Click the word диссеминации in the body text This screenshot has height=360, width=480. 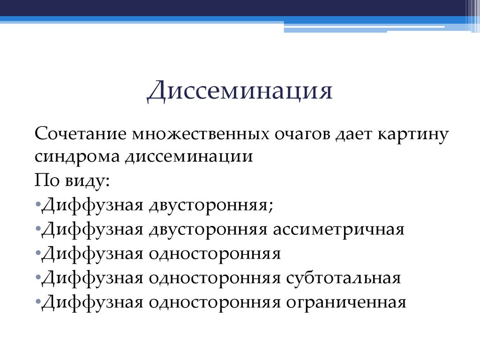[189, 157]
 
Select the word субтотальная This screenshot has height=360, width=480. [344, 278]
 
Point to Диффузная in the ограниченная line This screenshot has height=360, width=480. [92, 303]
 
